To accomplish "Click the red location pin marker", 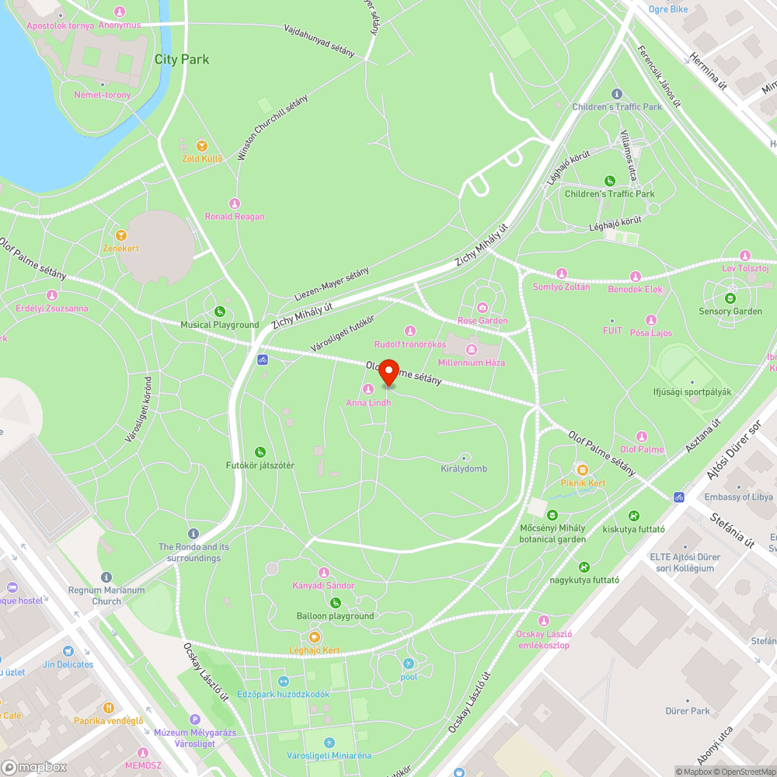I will (388, 373).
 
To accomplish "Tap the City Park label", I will (182, 59).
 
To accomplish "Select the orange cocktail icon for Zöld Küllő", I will (202, 145).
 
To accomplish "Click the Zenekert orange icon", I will (120, 235).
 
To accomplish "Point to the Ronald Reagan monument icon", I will (235, 204).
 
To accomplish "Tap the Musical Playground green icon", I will (220, 312).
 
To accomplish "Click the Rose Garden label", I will (483, 320).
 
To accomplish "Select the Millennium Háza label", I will (472, 362).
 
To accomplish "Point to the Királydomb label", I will (464, 469).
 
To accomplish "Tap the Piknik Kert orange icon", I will (582, 469).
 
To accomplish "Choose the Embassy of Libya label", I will (739, 497).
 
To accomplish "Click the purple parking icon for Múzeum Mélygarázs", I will (195, 720).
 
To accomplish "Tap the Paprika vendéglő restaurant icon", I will (109, 708).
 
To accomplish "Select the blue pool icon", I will (409, 664).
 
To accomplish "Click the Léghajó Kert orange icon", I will (315, 637).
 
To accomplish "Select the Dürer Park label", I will (688, 711).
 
